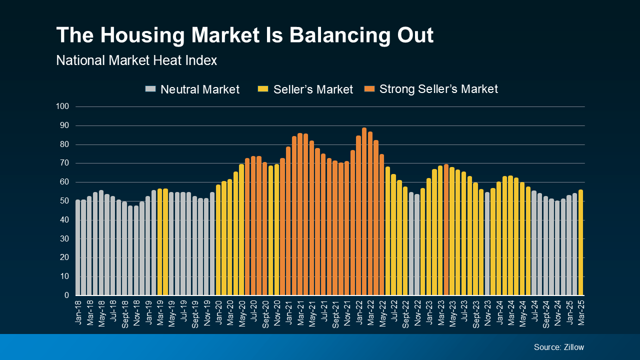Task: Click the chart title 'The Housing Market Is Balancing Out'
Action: [244, 35]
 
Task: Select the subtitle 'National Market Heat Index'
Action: [136, 60]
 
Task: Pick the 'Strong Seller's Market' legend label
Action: [438, 89]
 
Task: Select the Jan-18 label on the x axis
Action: [78, 312]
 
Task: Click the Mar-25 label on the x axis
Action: [581, 312]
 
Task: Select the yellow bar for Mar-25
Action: [580, 243]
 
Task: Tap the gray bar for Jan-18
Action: [78, 248]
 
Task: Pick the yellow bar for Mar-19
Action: [160, 242]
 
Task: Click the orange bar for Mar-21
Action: [300, 215]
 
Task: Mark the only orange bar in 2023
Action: [446, 230]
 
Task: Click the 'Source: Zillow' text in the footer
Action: [558, 347]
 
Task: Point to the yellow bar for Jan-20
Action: [218, 240]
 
